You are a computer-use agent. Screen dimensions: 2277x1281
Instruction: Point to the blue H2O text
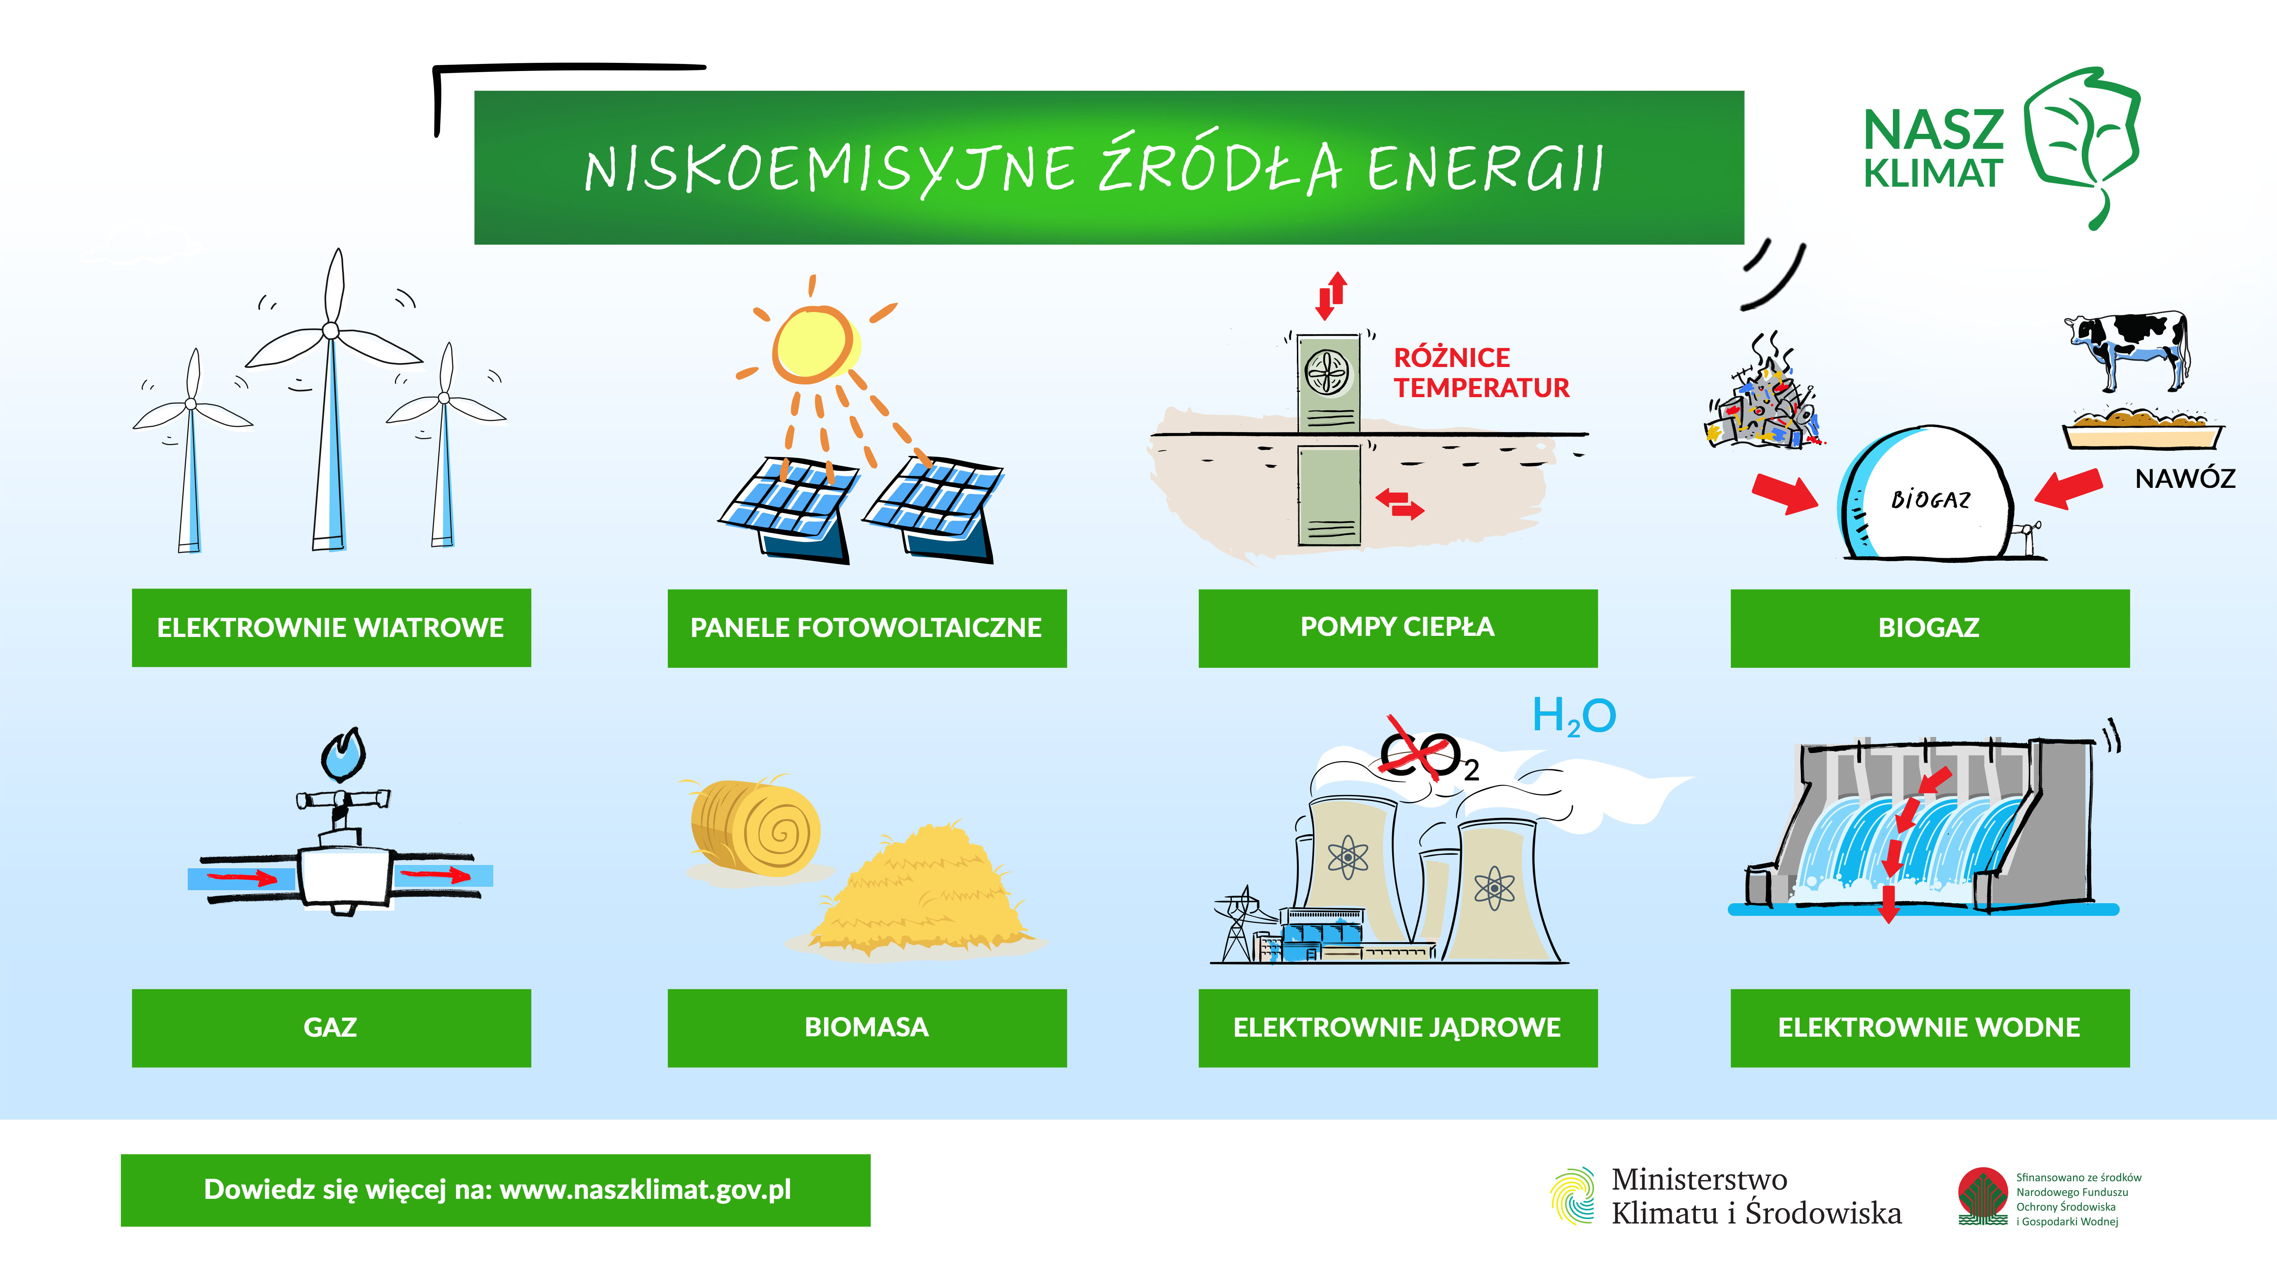[1574, 716]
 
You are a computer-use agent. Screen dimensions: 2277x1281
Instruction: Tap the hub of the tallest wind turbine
[331, 331]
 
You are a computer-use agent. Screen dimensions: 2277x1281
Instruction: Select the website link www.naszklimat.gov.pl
[645, 1190]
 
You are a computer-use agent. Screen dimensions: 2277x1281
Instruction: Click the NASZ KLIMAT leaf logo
[2082, 146]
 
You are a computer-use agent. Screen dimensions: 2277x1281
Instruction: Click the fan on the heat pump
[1328, 372]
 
